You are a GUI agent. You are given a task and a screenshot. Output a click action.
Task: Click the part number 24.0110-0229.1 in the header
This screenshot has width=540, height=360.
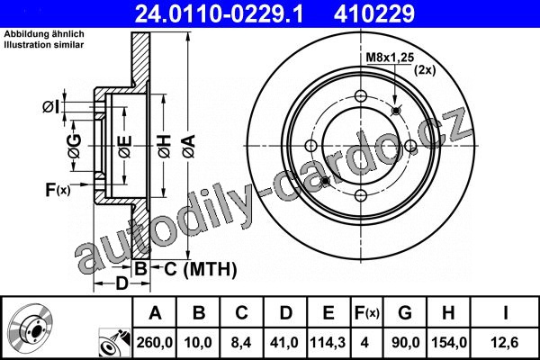click(x=219, y=14)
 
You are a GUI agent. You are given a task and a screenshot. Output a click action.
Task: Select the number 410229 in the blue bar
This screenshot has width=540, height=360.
click(x=374, y=14)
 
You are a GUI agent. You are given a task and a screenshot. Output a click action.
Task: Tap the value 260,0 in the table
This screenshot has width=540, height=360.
click(x=154, y=343)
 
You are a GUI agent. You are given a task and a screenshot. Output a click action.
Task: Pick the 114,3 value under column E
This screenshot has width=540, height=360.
click(x=328, y=343)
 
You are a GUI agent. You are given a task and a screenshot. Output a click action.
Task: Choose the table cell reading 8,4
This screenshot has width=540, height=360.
click(x=241, y=343)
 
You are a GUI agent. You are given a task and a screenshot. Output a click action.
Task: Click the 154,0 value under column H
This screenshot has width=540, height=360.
click(x=449, y=343)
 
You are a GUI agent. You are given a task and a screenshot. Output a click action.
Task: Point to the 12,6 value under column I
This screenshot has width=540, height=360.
click(x=505, y=343)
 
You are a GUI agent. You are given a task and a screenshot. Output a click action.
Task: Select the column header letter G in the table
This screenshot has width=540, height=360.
click(x=405, y=313)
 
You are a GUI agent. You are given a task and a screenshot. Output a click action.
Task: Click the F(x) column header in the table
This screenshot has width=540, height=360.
click(x=367, y=313)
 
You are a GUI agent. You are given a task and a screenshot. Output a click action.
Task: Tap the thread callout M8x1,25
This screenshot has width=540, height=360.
click(x=390, y=58)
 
